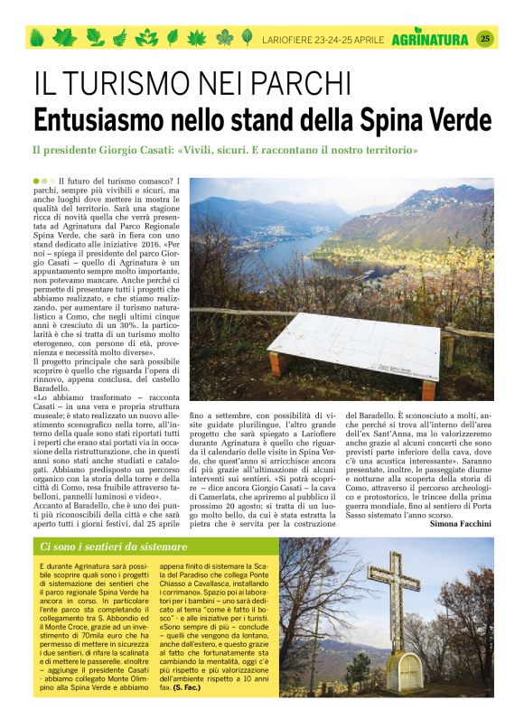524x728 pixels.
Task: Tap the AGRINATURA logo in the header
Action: point(430,39)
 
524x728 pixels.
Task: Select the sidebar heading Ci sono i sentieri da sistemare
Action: point(114,547)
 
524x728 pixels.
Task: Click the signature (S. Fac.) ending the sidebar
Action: point(186,688)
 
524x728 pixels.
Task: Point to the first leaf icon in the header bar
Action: point(38,38)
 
